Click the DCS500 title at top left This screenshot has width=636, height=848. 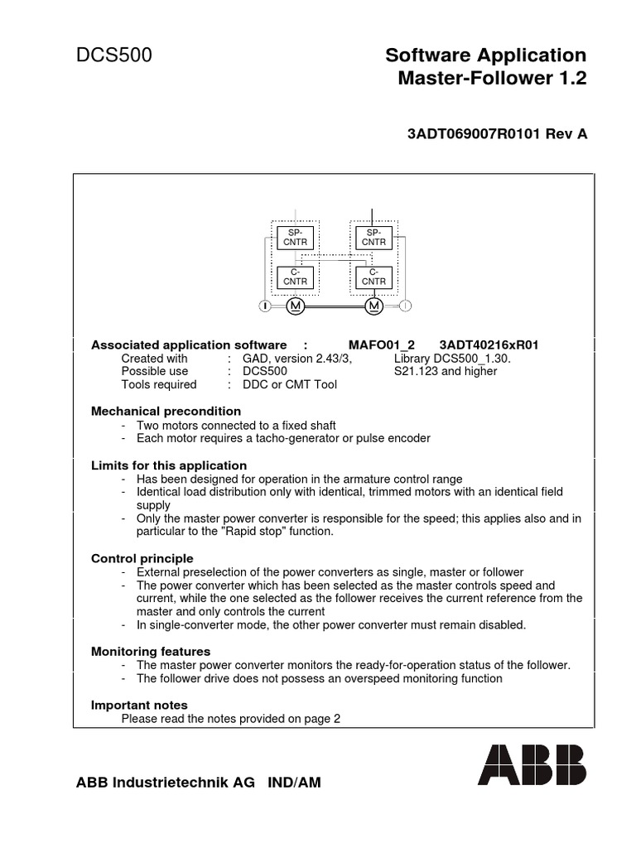coord(114,56)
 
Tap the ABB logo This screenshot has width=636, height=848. coord(531,764)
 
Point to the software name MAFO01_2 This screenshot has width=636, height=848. coord(382,344)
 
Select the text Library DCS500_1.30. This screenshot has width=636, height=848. coord(452,359)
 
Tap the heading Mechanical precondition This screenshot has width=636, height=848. coord(166,411)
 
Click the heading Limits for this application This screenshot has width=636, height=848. coord(169,465)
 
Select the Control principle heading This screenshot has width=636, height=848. coord(142,558)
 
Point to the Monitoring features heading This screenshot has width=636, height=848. coord(151,652)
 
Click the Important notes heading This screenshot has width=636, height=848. coord(139,705)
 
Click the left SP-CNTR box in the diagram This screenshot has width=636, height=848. coord(295,238)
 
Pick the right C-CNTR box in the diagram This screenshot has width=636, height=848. coord(373,277)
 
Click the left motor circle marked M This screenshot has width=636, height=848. coord(296,306)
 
